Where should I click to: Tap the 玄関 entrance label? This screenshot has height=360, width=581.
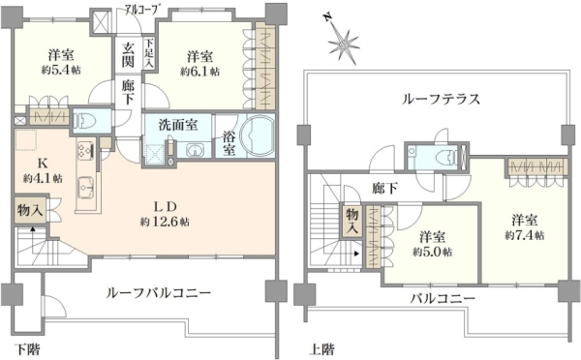tap(128, 55)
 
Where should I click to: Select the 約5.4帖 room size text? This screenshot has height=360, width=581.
tap(61, 70)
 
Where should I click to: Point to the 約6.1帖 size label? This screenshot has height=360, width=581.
tap(199, 71)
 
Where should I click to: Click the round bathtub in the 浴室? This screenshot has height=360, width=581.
tap(257, 135)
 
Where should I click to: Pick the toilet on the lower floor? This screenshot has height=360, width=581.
tap(86, 120)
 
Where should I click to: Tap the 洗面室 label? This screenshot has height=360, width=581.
tap(178, 125)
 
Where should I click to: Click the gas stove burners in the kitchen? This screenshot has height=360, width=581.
tap(86, 151)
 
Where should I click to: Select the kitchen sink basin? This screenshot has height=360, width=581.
tap(86, 187)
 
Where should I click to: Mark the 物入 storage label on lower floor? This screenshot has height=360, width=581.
tap(30, 210)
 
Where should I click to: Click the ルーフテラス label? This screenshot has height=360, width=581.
tap(441, 99)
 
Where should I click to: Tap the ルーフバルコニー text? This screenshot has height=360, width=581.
tap(159, 293)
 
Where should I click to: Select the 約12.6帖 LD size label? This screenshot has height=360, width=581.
tap(165, 222)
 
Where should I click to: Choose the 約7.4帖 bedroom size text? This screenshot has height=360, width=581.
tap(524, 235)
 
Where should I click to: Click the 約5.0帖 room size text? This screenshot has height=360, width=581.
tap(433, 253)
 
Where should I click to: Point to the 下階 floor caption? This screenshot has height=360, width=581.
tap(27, 349)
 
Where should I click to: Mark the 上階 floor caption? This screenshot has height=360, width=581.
tap(321, 349)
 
